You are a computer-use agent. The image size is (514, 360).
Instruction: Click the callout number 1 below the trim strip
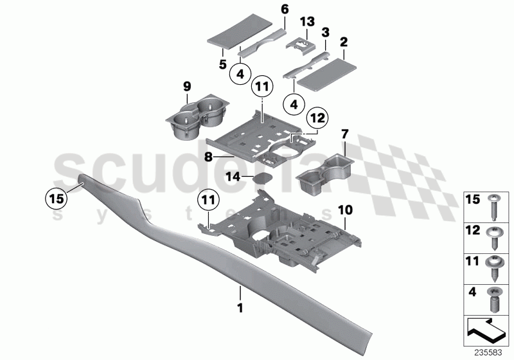240,308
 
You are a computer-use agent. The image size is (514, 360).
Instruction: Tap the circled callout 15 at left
56,199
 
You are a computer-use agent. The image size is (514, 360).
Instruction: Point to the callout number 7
344,134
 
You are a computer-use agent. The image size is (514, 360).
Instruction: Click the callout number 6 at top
285,10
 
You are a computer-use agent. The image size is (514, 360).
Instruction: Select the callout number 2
344,42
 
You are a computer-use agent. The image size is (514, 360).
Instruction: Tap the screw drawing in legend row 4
495,298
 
